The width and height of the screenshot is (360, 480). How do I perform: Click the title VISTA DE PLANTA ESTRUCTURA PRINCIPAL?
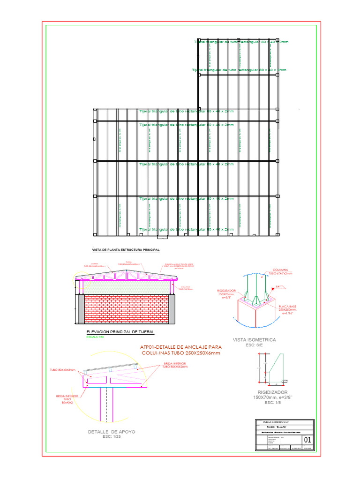pos(126,250)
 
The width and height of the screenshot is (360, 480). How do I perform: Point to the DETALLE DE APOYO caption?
pos(112,432)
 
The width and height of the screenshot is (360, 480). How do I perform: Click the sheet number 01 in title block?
pos(308,440)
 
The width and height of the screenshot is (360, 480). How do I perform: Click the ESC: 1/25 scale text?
pos(112,437)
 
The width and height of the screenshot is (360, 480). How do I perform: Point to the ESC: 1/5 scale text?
pos(270,403)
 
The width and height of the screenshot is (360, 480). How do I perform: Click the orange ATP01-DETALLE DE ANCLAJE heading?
pos(180,347)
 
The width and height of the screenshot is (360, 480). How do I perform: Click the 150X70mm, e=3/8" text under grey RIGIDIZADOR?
pos(273,397)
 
